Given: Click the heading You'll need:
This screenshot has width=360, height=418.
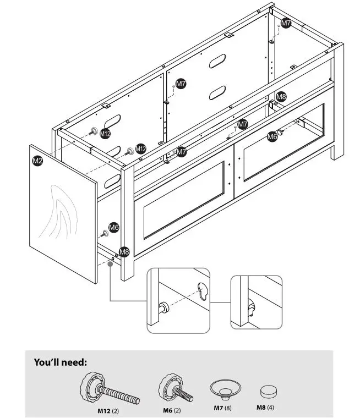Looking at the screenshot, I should (x=61, y=362).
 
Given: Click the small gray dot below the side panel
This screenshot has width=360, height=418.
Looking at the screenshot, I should (x=111, y=264).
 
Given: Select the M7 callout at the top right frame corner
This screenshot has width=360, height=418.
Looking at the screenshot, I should (x=286, y=23).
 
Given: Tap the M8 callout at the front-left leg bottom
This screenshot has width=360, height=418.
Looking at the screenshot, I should (x=124, y=252).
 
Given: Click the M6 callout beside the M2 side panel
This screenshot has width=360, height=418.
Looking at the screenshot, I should (x=113, y=227).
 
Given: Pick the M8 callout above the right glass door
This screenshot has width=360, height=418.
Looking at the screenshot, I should (x=281, y=97).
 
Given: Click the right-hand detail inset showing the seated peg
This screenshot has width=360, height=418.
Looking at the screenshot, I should (x=256, y=302).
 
